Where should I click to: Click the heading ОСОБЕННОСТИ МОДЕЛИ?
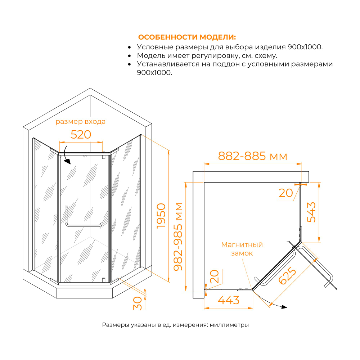(187, 37)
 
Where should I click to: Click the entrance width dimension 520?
(81, 135)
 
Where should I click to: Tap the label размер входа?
(80, 122)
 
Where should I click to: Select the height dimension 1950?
(161, 216)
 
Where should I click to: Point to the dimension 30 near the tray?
(138, 303)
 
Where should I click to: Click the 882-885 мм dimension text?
(253, 156)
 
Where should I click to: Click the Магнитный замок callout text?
(242, 249)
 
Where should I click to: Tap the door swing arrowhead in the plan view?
(284, 307)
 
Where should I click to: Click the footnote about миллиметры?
(176, 325)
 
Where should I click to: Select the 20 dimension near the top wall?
(286, 193)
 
